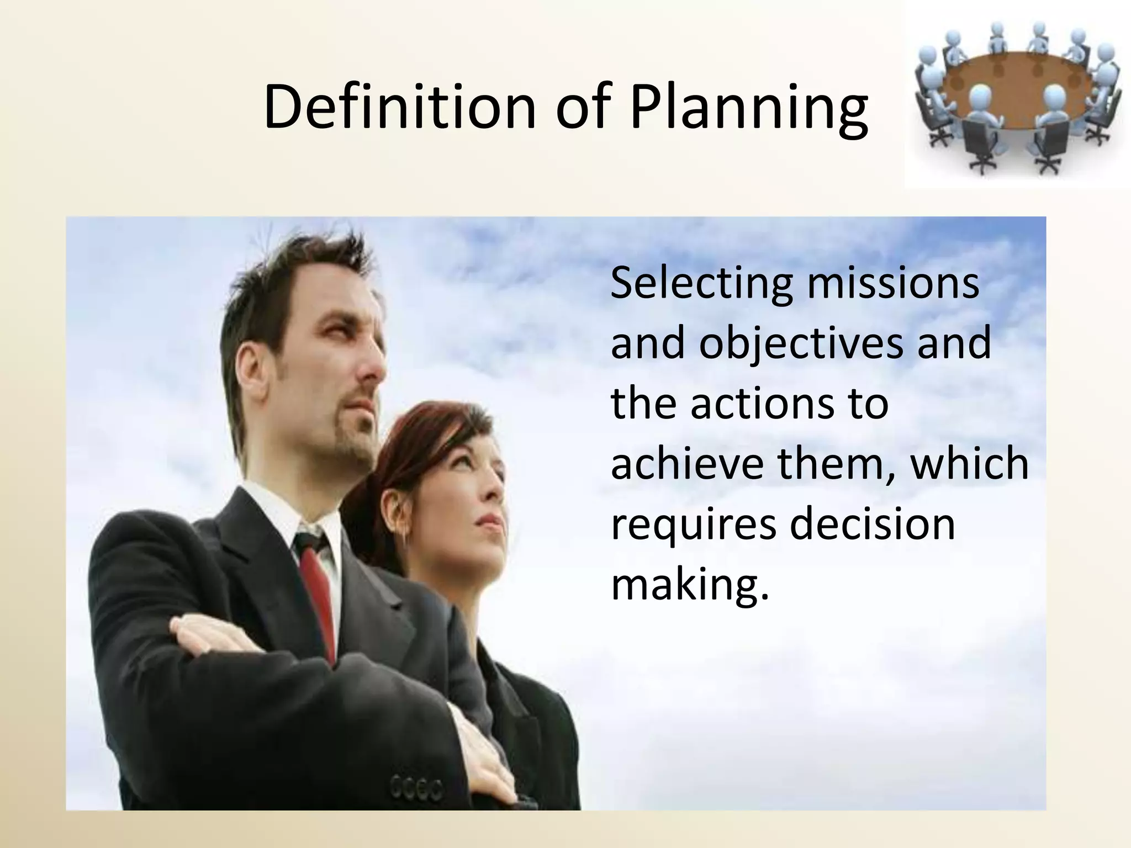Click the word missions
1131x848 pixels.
click(x=892, y=283)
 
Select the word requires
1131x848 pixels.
click(x=693, y=525)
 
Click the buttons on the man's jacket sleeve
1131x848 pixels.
click(x=416, y=788)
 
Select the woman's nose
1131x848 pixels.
click(x=497, y=486)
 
